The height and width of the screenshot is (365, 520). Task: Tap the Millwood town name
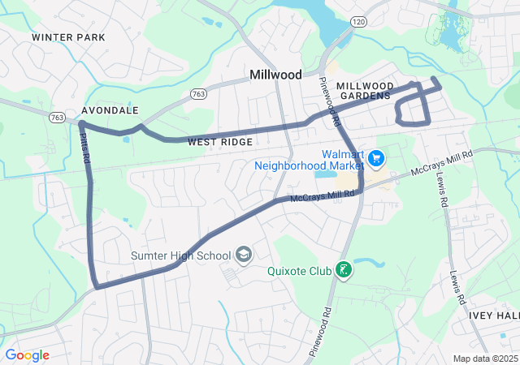275,75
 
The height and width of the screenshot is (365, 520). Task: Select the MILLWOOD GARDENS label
365,91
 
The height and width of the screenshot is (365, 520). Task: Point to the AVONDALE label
110,110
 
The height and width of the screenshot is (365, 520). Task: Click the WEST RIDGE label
220,142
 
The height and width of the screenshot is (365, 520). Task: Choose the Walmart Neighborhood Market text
306,160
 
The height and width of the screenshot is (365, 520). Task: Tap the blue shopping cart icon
376,157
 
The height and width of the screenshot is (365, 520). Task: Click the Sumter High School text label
180,256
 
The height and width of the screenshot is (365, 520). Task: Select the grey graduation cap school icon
243,256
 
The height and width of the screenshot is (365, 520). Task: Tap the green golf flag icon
344,269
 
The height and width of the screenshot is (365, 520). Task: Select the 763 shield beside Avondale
57,118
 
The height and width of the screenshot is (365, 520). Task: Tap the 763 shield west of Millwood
198,94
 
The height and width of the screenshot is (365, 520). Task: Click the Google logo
27,355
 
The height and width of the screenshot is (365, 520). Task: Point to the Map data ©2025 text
484,359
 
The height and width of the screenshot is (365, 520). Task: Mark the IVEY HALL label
500,316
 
